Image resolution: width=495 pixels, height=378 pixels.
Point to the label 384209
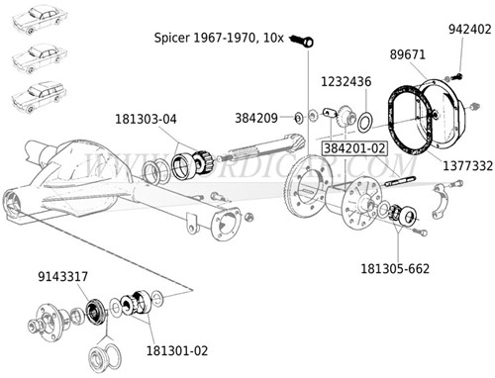(255, 118)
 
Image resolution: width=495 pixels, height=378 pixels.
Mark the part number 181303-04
(148, 119)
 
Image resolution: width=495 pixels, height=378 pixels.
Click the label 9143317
(61, 276)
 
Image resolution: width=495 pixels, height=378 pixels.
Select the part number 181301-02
(176, 349)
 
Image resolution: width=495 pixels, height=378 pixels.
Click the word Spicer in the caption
(174, 38)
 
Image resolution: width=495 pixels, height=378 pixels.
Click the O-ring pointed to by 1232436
(364, 122)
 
